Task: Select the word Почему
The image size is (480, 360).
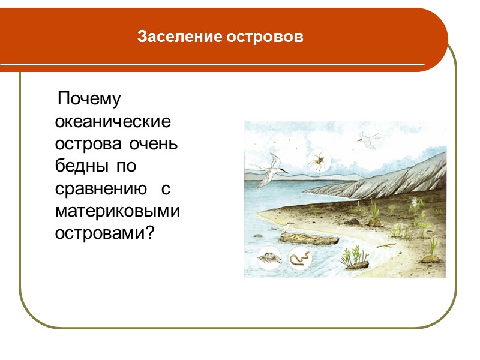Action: pyautogui.click(x=89, y=98)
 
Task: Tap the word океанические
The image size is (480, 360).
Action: pyautogui.click(x=113, y=122)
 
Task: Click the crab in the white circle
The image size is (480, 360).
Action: pyautogui.click(x=267, y=259)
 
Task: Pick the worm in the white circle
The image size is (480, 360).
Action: pyautogui.click(x=299, y=259)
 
